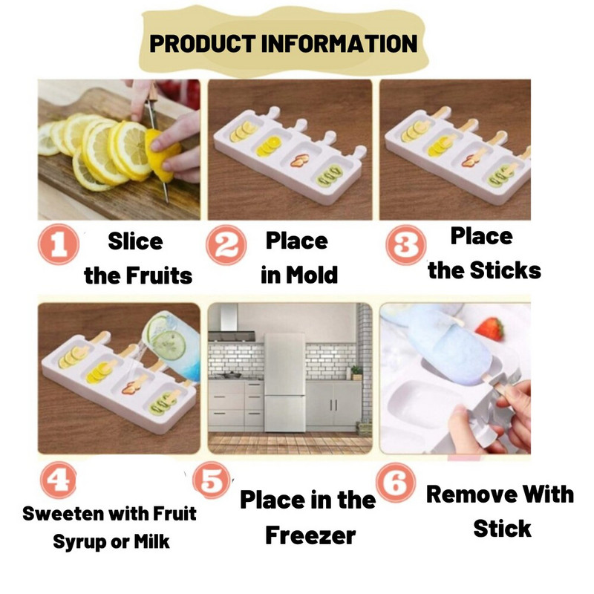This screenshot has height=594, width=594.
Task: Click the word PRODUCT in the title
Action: click(202, 43)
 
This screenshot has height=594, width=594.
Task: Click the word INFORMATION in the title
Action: click(339, 43)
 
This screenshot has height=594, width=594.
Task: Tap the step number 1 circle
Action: click(59, 244)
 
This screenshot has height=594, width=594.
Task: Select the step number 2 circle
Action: click(226, 245)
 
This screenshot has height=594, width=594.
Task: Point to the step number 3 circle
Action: click(405, 245)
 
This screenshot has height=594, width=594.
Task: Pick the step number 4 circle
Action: click(59, 480)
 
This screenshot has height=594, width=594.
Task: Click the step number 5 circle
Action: click(212, 480)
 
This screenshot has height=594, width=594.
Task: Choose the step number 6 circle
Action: click(396, 482)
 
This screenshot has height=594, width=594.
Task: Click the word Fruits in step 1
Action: click(159, 275)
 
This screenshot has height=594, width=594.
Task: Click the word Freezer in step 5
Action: click(310, 535)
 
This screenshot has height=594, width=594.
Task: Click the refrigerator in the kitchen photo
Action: click(285, 382)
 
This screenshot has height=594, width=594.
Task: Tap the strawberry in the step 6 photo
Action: click(490, 329)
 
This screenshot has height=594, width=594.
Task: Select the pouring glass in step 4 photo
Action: click(172, 345)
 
